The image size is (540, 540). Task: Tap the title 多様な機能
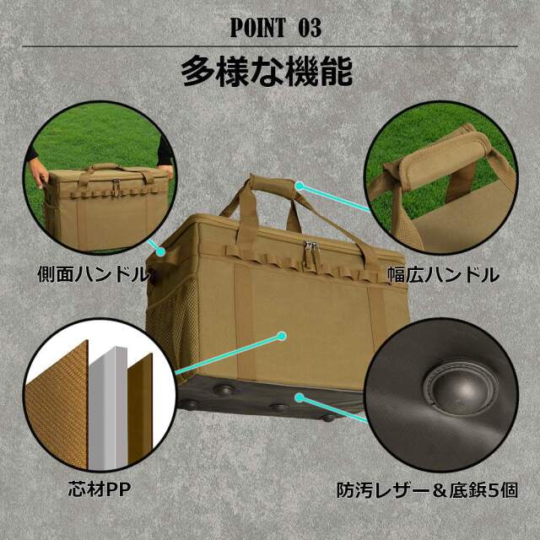(x=267, y=73)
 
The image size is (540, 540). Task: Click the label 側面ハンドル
(x=93, y=275)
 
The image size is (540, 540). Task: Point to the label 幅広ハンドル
(x=443, y=275)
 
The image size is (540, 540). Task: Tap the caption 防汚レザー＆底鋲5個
(x=438, y=489)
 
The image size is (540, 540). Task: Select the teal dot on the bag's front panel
(x=282, y=336)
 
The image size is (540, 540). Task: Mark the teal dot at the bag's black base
(x=296, y=394)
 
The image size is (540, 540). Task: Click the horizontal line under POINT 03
(x=270, y=46)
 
